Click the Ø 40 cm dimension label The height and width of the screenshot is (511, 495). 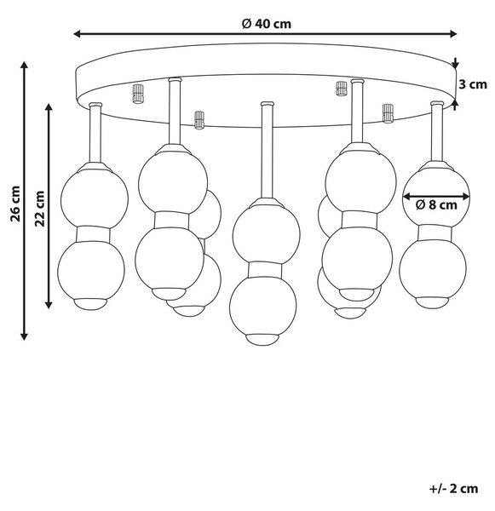click(x=267, y=24)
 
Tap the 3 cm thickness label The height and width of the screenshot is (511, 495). click(x=473, y=84)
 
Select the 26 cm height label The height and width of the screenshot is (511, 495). click(x=15, y=204)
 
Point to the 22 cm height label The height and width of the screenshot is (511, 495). click(x=40, y=209)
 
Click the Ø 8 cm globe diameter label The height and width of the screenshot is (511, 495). click(x=436, y=204)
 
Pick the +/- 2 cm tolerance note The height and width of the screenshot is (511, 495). click(x=453, y=489)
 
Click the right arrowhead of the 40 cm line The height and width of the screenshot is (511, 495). click(x=453, y=33)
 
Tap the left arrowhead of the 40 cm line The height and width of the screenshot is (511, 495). click(x=78, y=33)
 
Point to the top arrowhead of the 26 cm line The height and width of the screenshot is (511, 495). click(x=24, y=65)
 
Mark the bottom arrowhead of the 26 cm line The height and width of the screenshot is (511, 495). click(x=24, y=336)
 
